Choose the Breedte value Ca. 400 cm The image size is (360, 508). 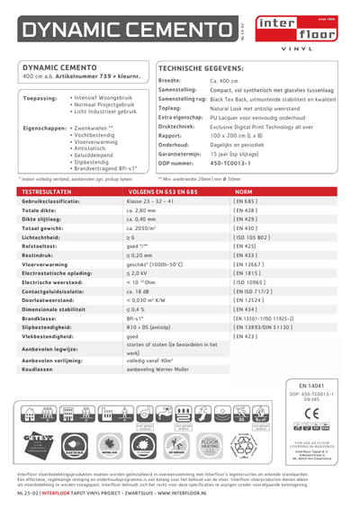coord(228,81)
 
